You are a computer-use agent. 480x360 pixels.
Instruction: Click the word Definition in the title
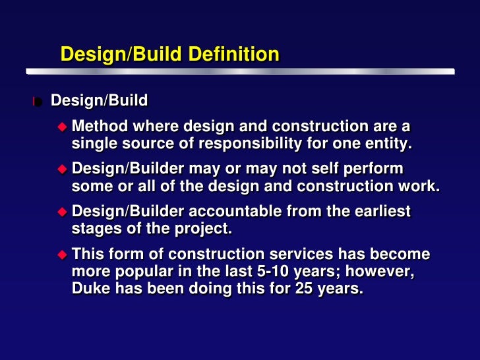(233, 54)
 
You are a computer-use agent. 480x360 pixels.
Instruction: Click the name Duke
(90, 288)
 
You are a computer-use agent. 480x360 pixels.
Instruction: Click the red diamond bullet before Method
(63, 126)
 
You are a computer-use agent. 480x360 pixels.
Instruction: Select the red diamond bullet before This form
(63, 254)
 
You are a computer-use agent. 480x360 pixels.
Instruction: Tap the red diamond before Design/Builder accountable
(63, 211)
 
